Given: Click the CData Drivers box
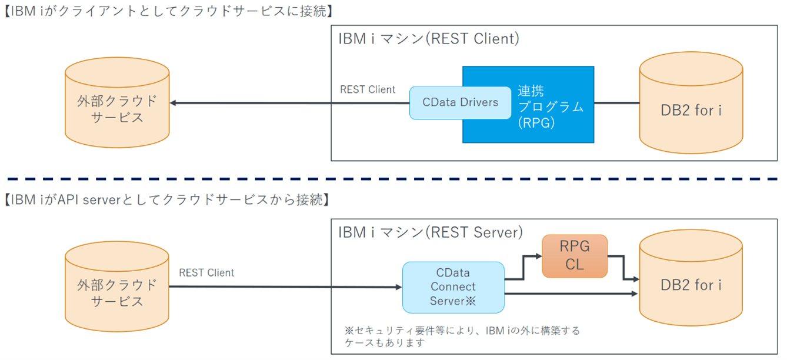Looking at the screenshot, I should click(x=460, y=102).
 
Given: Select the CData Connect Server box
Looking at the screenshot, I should click(x=453, y=287).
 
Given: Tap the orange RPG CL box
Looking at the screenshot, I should click(x=574, y=256).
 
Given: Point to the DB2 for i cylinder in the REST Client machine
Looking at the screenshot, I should click(x=691, y=111).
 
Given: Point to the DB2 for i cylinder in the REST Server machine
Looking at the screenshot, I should click(x=691, y=286).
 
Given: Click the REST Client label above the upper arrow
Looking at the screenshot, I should click(x=368, y=90).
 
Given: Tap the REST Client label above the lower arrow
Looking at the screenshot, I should click(x=206, y=273).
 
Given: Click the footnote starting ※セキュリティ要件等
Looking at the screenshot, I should click(x=462, y=336).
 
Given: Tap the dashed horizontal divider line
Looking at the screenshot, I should click(x=393, y=178).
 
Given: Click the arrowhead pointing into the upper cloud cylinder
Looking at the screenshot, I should click(x=174, y=103).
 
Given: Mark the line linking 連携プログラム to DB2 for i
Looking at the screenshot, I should click(x=616, y=103).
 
